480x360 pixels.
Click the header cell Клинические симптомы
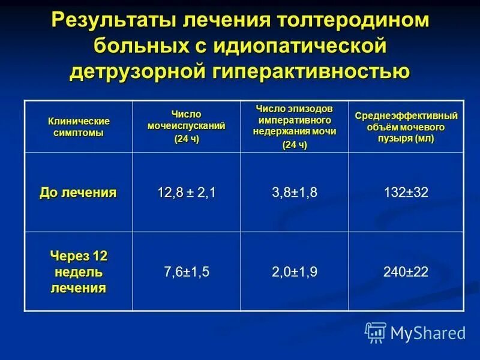79,127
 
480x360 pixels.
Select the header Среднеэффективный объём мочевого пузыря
406,126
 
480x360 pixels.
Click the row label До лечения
78,193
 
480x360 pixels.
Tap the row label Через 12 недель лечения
78,271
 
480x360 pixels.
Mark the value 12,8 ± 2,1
187,193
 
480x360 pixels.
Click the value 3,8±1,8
295,193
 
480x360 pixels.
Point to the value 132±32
406,193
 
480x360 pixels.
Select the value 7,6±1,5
187,272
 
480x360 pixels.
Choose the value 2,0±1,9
295,272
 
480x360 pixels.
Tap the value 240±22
406,272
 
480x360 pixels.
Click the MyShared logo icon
376,332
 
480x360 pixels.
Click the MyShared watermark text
428,332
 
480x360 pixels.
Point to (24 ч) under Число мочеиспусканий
187,139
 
